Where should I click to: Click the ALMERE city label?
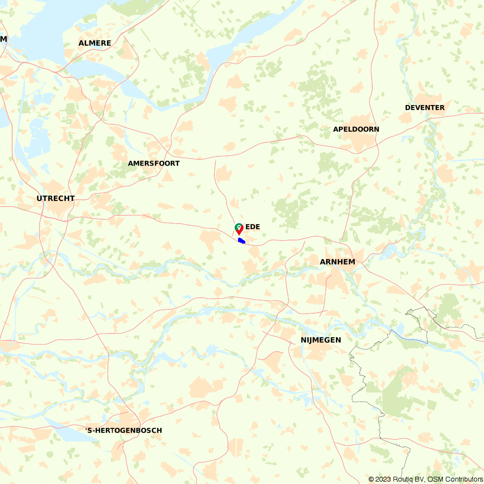click(x=95, y=43)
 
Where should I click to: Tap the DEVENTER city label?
click(x=424, y=107)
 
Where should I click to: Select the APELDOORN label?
click(x=356, y=129)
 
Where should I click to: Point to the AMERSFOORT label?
click(x=153, y=164)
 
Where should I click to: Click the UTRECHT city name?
click(x=56, y=198)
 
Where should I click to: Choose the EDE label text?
click(x=253, y=227)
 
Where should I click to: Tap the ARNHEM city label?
click(x=337, y=262)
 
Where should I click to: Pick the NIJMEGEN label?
click(x=320, y=340)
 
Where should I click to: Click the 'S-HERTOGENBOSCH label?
click(x=123, y=430)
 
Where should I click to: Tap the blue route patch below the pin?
click(x=242, y=241)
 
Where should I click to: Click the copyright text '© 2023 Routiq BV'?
click(x=397, y=479)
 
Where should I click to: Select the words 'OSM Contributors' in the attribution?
click(x=455, y=479)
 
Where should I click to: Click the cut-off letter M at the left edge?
click(x=3, y=39)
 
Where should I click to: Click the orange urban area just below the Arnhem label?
click(x=334, y=276)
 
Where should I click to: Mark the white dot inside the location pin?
click(x=239, y=227)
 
